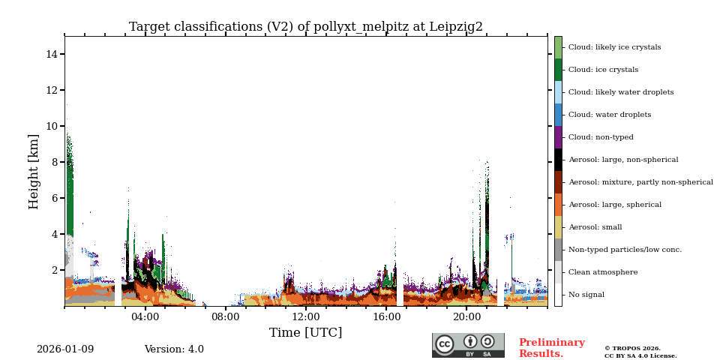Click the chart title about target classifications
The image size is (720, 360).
click(x=306, y=27)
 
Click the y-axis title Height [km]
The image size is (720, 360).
click(x=34, y=171)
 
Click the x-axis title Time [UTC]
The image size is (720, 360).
click(x=306, y=333)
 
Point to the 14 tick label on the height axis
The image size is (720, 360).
click(x=52, y=54)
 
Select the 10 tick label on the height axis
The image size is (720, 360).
click(x=52, y=126)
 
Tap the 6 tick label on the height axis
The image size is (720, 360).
click(x=55, y=198)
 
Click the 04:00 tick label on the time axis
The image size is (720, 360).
click(x=145, y=317)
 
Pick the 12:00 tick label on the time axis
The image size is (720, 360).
click(x=306, y=317)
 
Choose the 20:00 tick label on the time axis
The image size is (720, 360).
click(x=466, y=317)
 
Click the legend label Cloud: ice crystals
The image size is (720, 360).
click(x=603, y=70)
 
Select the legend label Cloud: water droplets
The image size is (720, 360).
click(x=609, y=115)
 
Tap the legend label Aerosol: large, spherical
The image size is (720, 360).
click(x=614, y=205)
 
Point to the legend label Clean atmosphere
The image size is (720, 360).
click(x=602, y=272)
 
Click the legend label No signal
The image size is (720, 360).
click(x=586, y=295)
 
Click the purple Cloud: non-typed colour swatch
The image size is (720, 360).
click(x=558, y=137)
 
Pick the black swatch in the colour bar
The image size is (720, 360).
click(x=558, y=160)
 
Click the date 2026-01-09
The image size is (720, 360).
click(x=65, y=349)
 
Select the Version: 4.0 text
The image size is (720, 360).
click(x=174, y=349)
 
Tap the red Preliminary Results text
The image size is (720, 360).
click(x=551, y=348)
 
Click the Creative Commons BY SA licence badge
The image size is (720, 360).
click(x=468, y=345)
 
